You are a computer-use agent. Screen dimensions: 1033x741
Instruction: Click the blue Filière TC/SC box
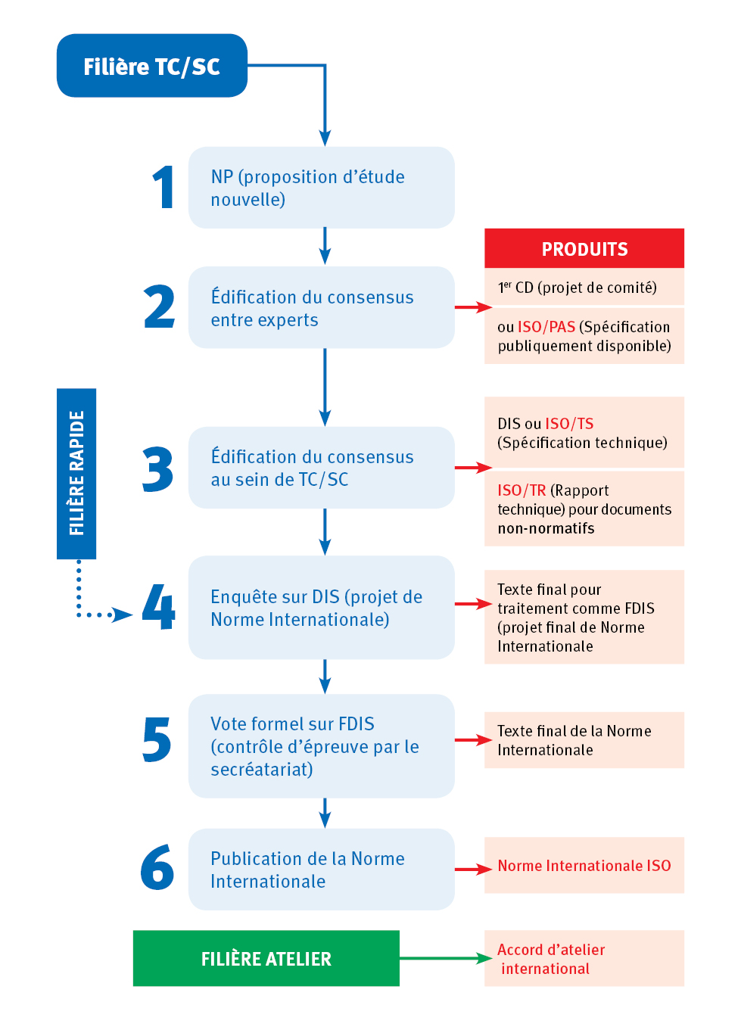151,66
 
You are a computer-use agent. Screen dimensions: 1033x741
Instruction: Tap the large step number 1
163,188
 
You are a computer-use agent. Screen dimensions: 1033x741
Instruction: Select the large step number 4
159,607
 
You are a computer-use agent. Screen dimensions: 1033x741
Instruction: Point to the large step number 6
157,867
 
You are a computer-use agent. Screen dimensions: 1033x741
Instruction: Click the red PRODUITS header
584,249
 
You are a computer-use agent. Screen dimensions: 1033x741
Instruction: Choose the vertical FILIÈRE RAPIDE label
76,473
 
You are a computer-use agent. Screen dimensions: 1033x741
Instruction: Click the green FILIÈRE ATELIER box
266,958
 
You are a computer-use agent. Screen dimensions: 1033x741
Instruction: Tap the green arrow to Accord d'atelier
445,958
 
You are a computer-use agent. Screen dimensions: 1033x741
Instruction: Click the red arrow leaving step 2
473,307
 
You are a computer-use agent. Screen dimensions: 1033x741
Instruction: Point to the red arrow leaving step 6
473,869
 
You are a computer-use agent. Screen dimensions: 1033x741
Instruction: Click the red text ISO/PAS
546,327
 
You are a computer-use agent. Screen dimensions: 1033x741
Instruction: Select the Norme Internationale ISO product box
584,866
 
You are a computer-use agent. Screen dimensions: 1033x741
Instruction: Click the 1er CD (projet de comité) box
584,288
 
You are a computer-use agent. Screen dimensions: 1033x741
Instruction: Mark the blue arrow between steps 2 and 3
325,387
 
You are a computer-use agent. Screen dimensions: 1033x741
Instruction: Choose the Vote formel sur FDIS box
321,746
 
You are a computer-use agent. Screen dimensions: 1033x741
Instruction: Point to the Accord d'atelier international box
584,959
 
